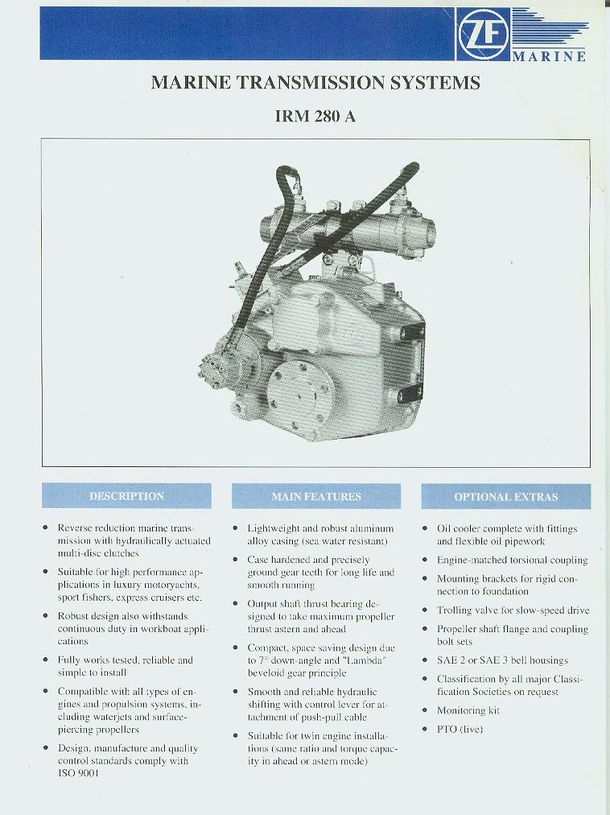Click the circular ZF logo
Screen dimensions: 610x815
[483, 34]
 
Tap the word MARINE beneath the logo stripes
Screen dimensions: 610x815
[549, 56]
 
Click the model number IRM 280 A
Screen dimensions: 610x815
[315, 116]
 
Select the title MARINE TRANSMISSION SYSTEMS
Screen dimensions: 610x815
[315, 83]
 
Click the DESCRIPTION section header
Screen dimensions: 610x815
[127, 496]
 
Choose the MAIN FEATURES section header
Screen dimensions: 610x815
[316, 496]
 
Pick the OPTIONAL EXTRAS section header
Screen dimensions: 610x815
[506, 497]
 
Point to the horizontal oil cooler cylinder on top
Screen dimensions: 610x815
[347, 228]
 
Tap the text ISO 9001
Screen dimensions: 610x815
[78, 773]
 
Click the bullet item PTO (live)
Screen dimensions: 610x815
[460, 729]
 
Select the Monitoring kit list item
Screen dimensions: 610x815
[468, 710]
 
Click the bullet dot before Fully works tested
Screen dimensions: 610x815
[45, 660]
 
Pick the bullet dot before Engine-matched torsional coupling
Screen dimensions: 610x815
[425, 560]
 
